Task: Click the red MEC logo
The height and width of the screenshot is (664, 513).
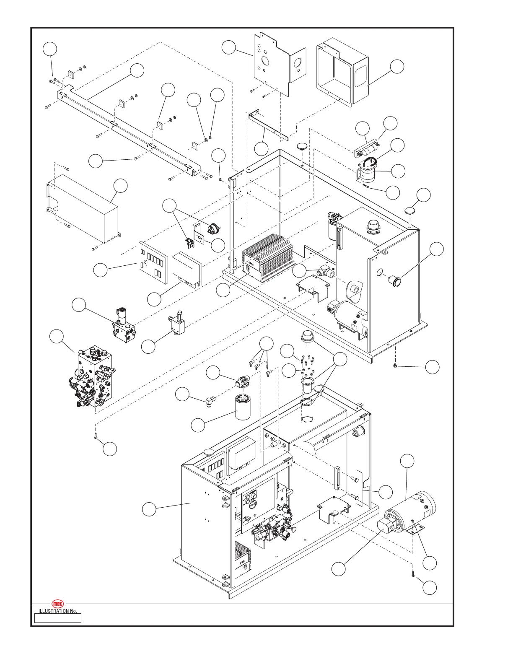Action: pos(58,604)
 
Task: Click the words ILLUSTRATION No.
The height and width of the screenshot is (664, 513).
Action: pos(57,611)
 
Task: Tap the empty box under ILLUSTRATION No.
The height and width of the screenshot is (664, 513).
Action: pos(58,618)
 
